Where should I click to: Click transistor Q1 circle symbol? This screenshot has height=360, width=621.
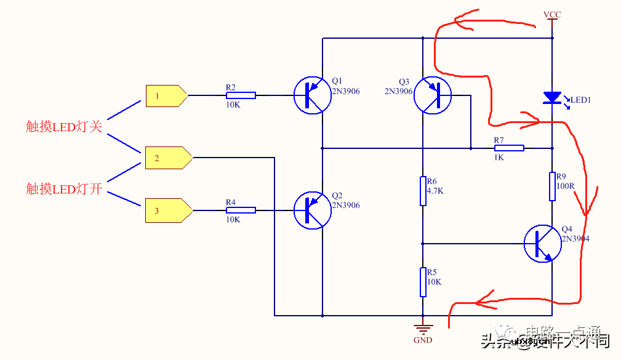pos(312,95)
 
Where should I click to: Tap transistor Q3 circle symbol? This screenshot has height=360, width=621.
pos(432,95)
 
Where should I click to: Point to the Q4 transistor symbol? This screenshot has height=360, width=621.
pos(542,244)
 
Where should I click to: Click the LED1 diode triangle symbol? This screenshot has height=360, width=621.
pos(552,97)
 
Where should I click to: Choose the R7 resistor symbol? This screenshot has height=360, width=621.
pos(509,148)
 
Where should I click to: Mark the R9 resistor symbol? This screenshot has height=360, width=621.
pos(553,186)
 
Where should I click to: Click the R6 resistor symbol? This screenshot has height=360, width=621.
pos(423,191)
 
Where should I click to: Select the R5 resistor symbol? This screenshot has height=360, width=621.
pos(423,282)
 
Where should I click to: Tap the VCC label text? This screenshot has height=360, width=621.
pos(552,15)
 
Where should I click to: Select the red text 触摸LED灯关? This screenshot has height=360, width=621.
pos(63,127)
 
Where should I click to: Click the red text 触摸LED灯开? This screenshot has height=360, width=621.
pos(63,188)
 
